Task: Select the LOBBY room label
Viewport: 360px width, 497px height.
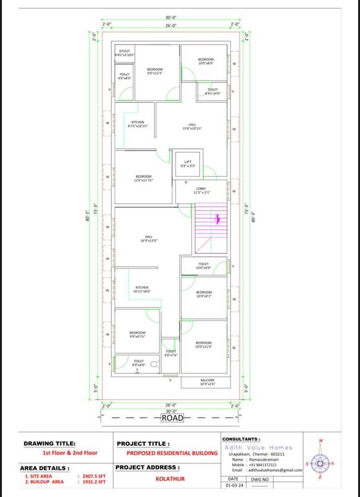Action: pyautogui.click(x=201, y=190)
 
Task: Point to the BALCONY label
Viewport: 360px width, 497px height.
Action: pyautogui.click(x=208, y=382)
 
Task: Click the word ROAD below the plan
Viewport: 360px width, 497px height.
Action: pyautogui.click(x=173, y=418)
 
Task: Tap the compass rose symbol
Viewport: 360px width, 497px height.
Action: pyautogui.click(x=321, y=463)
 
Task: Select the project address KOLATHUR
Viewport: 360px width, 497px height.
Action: pyautogui.click(x=166, y=480)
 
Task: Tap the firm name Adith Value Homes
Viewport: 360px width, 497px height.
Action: pyautogui.click(x=260, y=447)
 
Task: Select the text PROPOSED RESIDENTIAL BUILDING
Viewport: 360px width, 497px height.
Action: pyautogui.click(x=172, y=454)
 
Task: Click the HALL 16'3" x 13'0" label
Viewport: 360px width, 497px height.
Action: pyautogui.click(x=149, y=238)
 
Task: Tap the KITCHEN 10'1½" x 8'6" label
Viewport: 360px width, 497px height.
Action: pyautogui.click(x=142, y=289)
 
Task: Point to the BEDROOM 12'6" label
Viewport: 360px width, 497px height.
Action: pyautogui.click(x=143, y=178)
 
